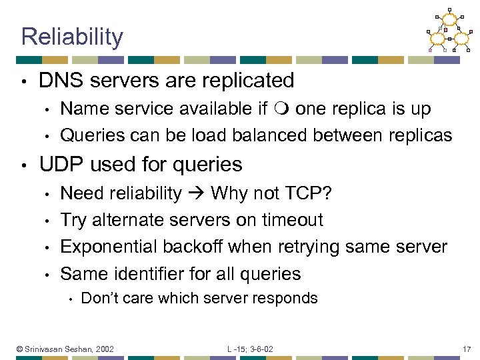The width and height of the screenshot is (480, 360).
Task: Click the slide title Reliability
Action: (72, 37)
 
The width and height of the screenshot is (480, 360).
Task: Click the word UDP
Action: (61, 164)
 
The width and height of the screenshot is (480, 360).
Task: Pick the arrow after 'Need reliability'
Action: (196, 193)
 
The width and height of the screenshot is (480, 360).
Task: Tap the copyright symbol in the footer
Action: (20, 349)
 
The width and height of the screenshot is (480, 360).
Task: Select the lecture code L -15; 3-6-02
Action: (249, 349)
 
